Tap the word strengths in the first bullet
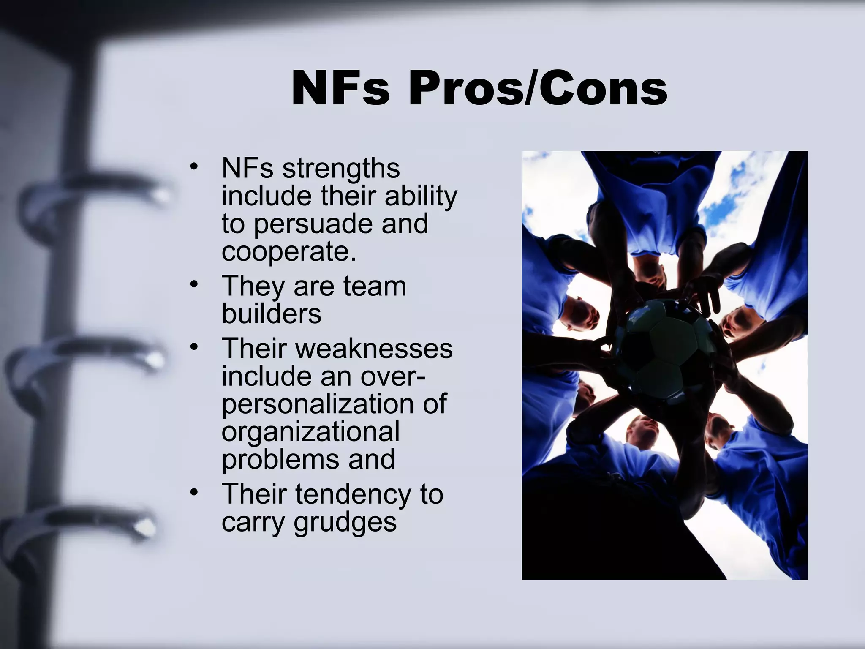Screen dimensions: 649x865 pyautogui.click(x=341, y=169)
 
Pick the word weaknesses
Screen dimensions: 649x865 pyautogui.click(x=374, y=349)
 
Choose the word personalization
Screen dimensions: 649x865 pyautogui.click(x=318, y=404)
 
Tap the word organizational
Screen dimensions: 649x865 pyautogui.click(x=310, y=431)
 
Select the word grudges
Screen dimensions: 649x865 pyautogui.click(x=345, y=522)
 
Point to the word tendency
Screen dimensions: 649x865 pyautogui.click(x=353, y=494)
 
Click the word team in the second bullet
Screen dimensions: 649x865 pyautogui.click(x=375, y=286)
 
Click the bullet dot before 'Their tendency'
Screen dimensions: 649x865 pyautogui.click(x=194, y=492)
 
